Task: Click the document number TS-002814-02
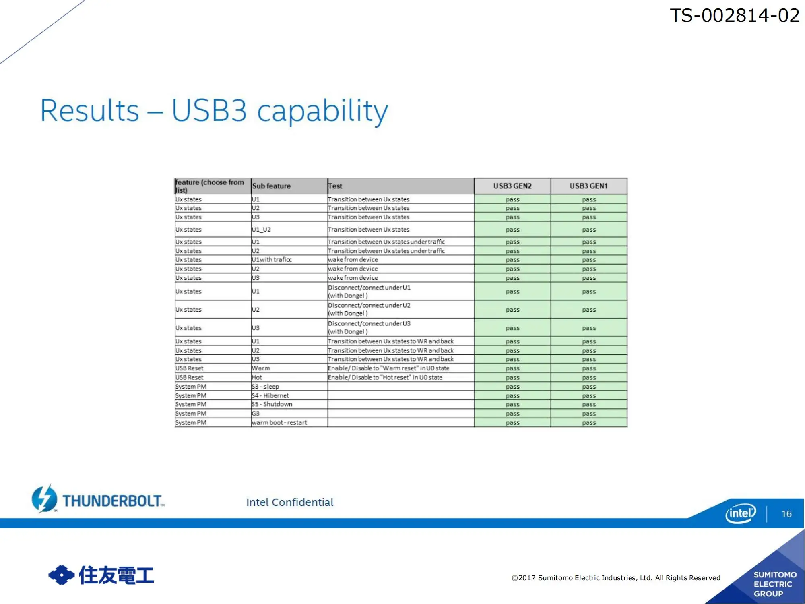click(735, 16)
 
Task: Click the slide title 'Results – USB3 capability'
click(214, 111)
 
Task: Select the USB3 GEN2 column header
click(512, 186)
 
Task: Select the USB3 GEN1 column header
click(588, 186)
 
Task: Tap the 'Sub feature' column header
click(271, 186)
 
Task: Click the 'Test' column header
click(335, 186)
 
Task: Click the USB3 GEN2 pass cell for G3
click(512, 414)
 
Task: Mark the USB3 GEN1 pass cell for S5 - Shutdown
click(588, 404)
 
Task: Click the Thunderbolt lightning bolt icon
click(44, 499)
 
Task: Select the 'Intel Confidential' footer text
click(290, 502)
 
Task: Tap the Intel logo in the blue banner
click(741, 513)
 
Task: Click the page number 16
click(786, 514)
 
